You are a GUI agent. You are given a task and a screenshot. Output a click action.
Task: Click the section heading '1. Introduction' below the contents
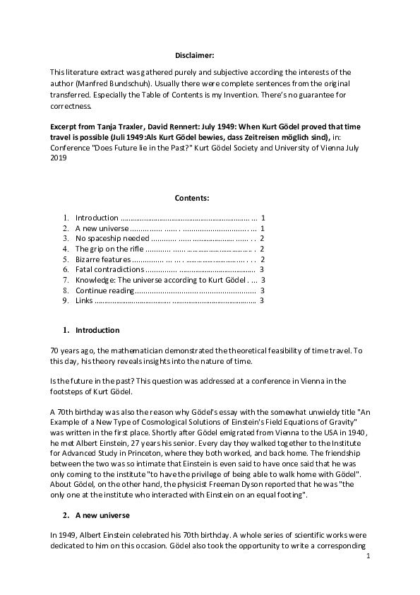(x=97, y=330)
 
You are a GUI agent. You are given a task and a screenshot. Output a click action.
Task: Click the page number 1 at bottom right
(x=368, y=558)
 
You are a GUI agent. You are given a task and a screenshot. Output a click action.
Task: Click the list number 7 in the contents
(x=65, y=280)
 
